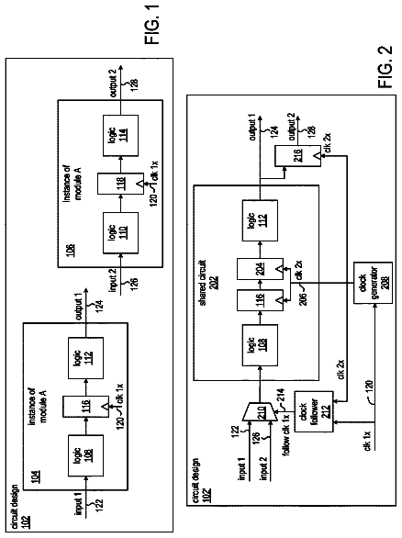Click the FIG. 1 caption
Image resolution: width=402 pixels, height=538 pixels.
[x=151, y=24]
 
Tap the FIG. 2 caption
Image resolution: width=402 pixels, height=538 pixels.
[x=385, y=67]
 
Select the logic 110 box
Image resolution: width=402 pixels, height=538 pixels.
[x=121, y=233]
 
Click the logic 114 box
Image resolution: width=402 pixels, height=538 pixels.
[x=121, y=136]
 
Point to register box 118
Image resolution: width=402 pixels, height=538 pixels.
[x=121, y=184]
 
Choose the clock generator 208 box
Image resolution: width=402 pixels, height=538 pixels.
[x=373, y=283]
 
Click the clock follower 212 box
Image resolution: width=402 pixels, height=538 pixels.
[x=314, y=411]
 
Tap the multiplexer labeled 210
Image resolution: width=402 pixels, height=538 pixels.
[x=260, y=411]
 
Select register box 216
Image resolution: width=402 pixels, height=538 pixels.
[x=297, y=156]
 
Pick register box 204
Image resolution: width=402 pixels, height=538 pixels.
[x=261, y=269]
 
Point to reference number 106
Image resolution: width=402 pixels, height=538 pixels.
[x=71, y=251]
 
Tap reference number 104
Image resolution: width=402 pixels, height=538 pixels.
[x=36, y=476]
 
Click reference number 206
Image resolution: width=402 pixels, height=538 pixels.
[x=303, y=298]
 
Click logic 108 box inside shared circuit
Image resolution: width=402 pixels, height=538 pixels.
[x=260, y=345]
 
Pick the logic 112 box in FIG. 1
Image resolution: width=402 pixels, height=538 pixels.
[x=85, y=358]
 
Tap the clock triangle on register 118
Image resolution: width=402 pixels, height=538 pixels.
[x=140, y=185]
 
